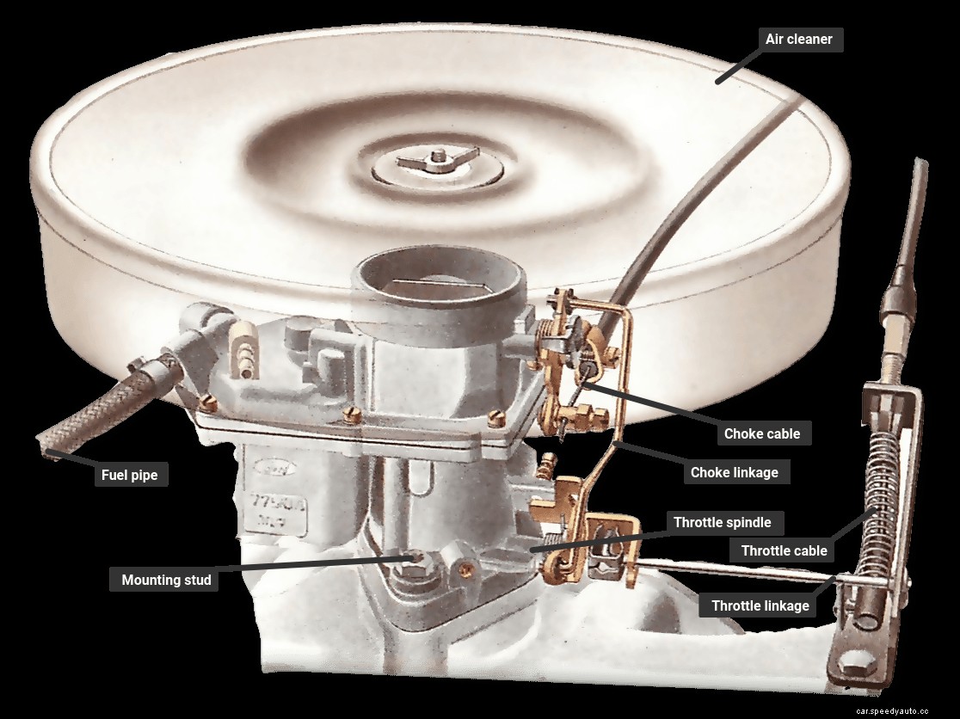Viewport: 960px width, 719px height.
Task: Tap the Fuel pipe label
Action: point(130,474)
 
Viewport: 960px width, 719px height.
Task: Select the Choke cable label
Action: point(761,433)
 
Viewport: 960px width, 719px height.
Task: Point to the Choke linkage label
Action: point(734,472)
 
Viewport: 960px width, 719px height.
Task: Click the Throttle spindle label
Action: point(722,522)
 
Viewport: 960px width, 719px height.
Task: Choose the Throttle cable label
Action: point(784,550)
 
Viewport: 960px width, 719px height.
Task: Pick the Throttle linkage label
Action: point(760,605)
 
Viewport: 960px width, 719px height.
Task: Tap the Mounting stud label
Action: point(166,580)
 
